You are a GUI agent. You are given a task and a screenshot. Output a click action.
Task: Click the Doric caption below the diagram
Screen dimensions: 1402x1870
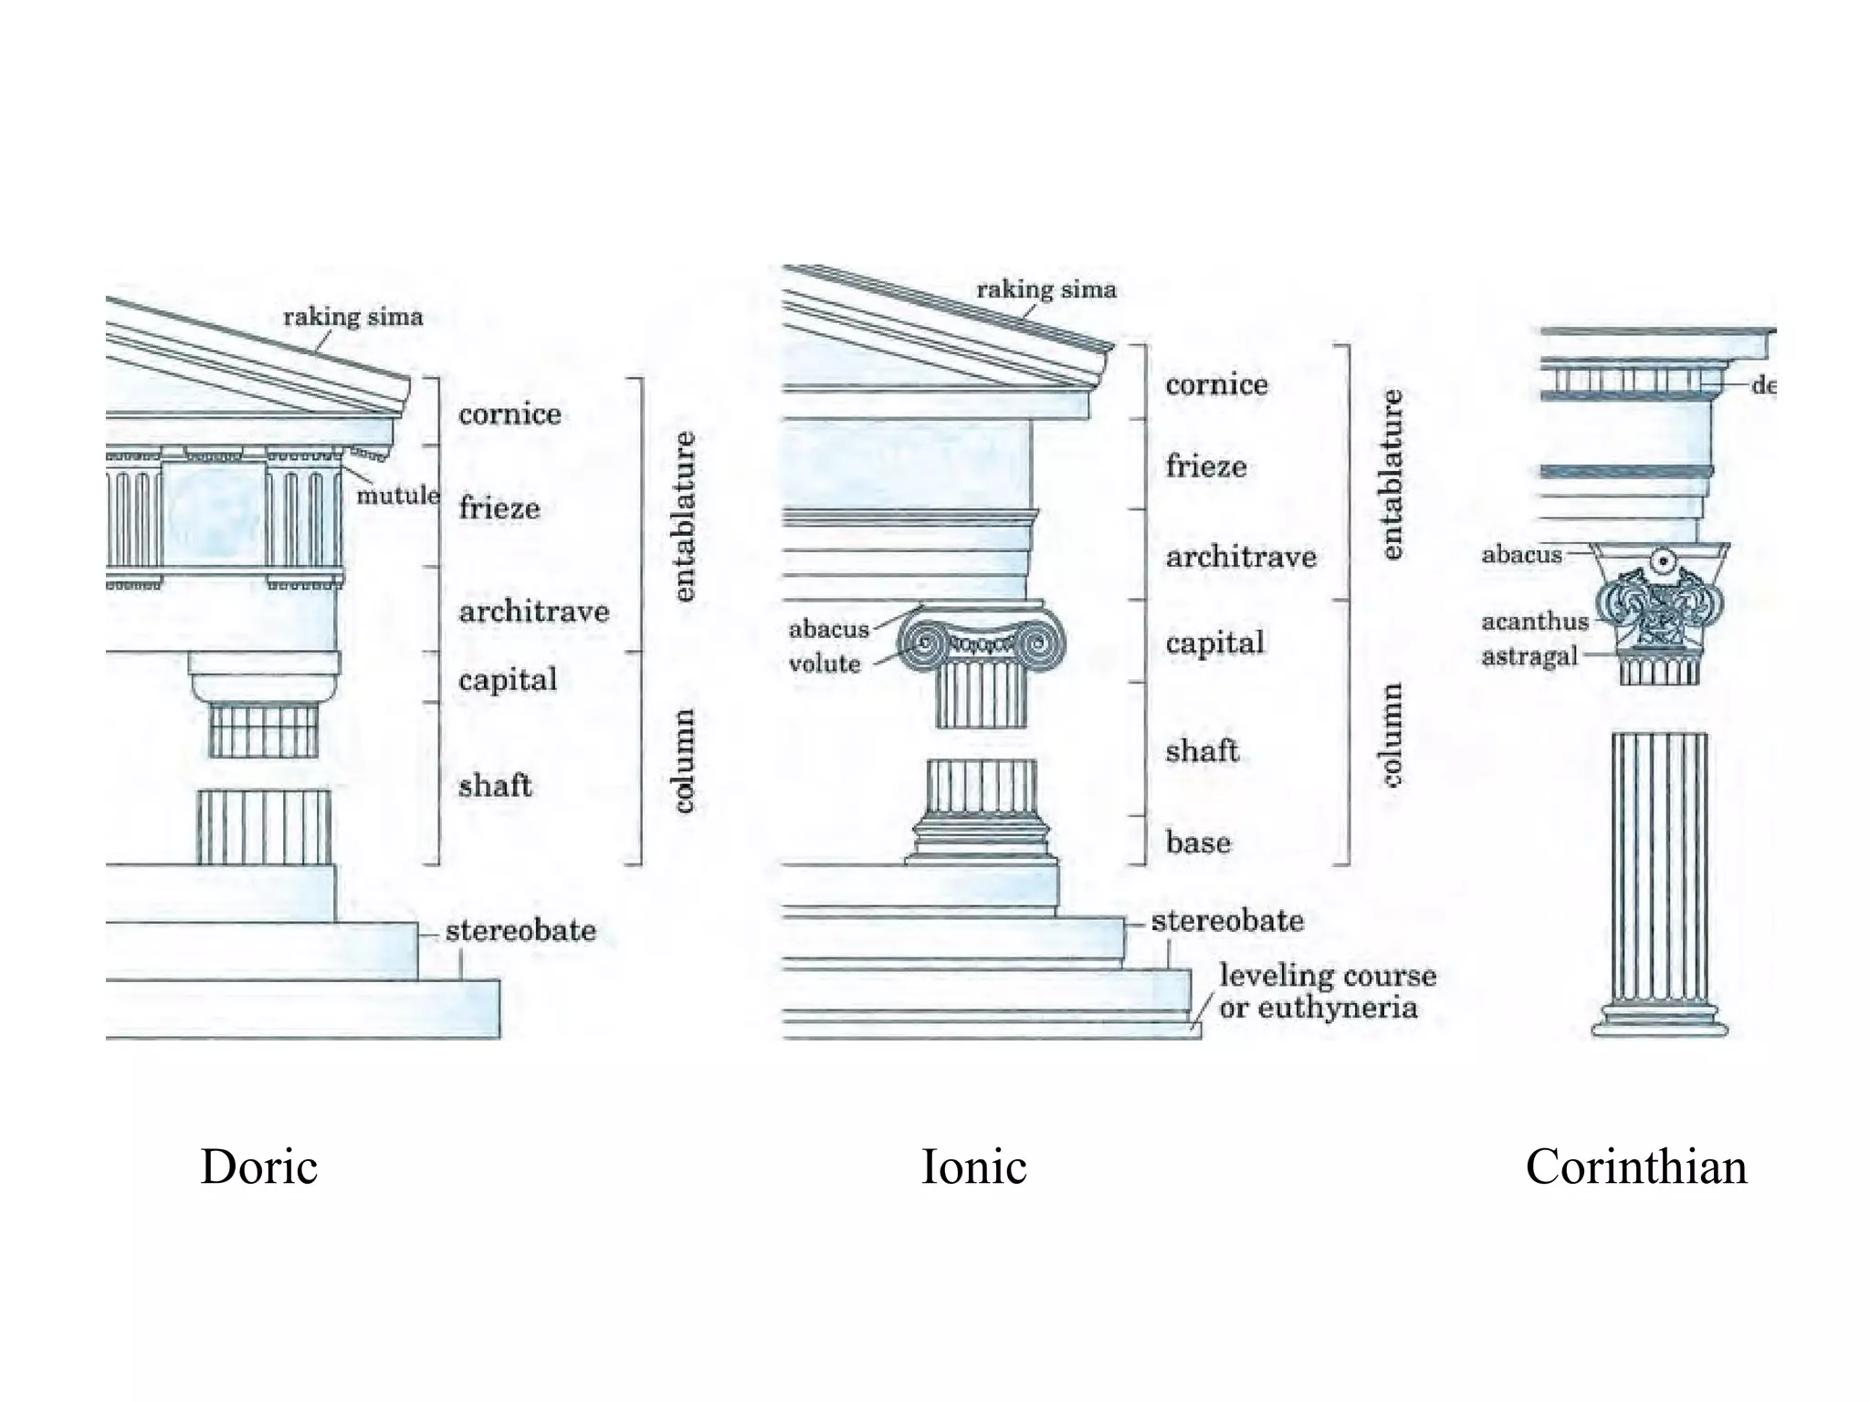click(258, 1167)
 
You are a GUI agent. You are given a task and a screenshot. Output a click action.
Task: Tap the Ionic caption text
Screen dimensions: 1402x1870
click(973, 1167)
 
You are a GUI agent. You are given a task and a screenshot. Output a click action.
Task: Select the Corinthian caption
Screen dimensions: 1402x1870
click(1635, 1167)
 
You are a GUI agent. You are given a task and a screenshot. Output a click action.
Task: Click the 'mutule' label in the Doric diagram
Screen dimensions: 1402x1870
click(397, 496)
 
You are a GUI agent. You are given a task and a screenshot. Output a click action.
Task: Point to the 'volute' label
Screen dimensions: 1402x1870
click(824, 664)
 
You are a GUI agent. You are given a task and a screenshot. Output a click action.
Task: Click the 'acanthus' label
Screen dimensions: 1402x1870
click(1534, 622)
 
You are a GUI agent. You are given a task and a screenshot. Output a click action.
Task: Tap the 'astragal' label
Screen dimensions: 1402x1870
click(1529, 656)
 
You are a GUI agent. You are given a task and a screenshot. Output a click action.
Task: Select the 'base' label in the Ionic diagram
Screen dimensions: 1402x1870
click(1198, 842)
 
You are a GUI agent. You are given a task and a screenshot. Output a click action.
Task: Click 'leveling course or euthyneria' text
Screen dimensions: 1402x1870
click(1326, 992)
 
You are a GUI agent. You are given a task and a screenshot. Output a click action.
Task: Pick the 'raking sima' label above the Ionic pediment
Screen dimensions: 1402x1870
click(1046, 290)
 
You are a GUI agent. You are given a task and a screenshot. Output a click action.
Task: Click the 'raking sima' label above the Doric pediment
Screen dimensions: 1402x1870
click(352, 318)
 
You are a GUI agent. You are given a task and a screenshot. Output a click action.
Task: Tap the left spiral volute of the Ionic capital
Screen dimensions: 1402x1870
click(924, 643)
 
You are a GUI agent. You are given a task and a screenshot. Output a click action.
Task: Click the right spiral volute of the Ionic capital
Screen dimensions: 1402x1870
click(1038, 644)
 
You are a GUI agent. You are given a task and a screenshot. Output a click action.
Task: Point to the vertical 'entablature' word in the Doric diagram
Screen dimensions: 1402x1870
click(684, 517)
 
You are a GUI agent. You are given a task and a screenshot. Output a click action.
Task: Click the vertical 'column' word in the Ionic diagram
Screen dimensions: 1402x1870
click(1392, 735)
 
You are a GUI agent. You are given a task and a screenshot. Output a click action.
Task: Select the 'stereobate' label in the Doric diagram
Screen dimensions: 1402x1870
click(520, 931)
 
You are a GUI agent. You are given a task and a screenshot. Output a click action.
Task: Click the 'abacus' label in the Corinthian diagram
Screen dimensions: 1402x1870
click(1521, 555)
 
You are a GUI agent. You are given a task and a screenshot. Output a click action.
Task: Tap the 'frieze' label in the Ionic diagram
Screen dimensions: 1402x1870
click(1205, 466)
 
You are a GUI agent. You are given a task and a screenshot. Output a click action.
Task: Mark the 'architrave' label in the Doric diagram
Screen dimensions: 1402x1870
click(533, 612)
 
